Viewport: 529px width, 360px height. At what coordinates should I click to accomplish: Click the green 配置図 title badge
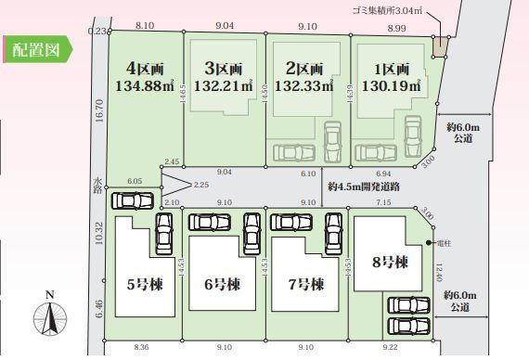[x=37, y=49]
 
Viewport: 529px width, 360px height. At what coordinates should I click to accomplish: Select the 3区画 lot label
[x=223, y=69]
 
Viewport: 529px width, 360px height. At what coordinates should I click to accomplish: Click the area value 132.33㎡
[x=302, y=86]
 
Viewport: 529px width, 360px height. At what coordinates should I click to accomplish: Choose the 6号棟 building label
[x=224, y=284]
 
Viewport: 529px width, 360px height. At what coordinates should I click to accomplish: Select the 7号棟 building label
[x=305, y=284]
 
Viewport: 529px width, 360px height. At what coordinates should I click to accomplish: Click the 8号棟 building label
[x=389, y=263]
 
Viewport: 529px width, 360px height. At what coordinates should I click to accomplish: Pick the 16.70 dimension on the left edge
[x=97, y=112]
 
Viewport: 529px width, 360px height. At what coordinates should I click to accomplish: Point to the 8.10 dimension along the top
[x=145, y=29]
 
